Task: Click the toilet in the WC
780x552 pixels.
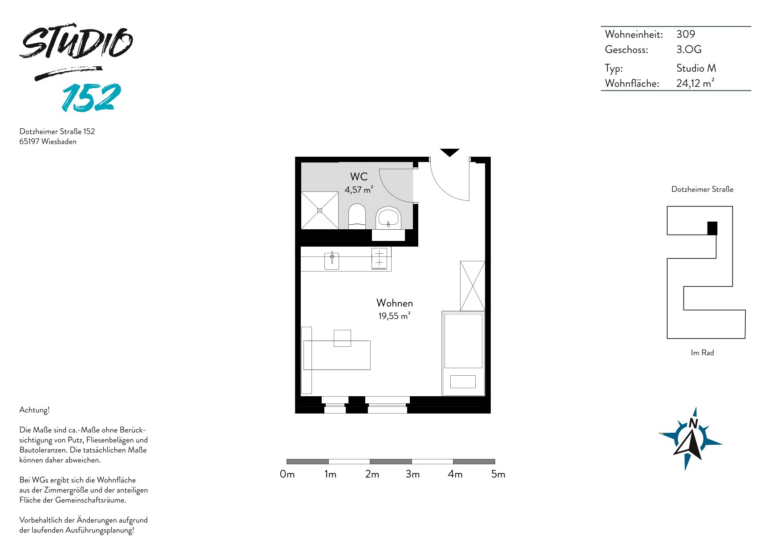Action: pyautogui.click(x=357, y=216)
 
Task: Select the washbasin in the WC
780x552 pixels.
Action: pyautogui.click(x=388, y=218)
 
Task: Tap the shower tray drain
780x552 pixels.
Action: pyautogui.click(x=319, y=210)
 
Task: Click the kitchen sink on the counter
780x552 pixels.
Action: pyautogui.click(x=331, y=260)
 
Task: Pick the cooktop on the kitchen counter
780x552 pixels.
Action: pyautogui.click(x=379, y=259)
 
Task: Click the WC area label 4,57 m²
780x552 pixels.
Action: pyautogui.click(x=359, y=190)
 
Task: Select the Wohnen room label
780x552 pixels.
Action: pyautogui.click(x=395, y=303)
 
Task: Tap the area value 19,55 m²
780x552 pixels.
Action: pyautogui.click(x=394, y=316)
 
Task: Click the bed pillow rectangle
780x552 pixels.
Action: pyautogui.click(x=463, y=382)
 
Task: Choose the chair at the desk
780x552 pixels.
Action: pyautogui.click(x=342, y=338)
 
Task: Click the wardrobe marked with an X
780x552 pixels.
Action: pyautogui.click(x=473, y=286)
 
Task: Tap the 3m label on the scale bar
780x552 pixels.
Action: pyautogui.click(x=413, y=475)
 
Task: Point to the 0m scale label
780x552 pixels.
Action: pyautogui.click(x=287, y=475)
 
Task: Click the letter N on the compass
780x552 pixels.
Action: pyautogui.click(x=693, y=423)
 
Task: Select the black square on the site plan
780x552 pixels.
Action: pyautogui.click(x=712, y=228)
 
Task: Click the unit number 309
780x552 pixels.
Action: pyautogui.click(x=686, y=34)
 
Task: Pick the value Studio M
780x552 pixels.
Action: pyautogui.click(x=696, y=68)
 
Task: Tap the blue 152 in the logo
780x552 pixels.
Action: pyautogui.click(x=92, y=97)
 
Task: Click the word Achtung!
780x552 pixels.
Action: pyautogui.click(x=34, y=410)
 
